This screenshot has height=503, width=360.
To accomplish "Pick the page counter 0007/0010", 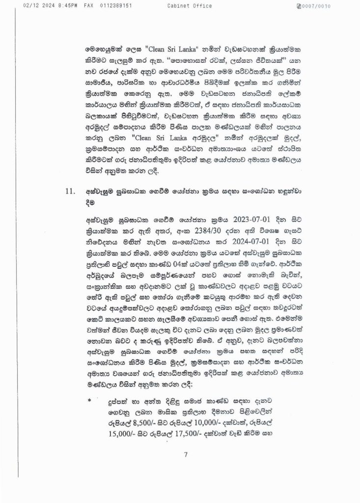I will tap(320, 6).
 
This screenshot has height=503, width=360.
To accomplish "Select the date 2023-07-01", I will tap(231, 218).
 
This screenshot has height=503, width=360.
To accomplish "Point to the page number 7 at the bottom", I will tap(186, 454).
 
